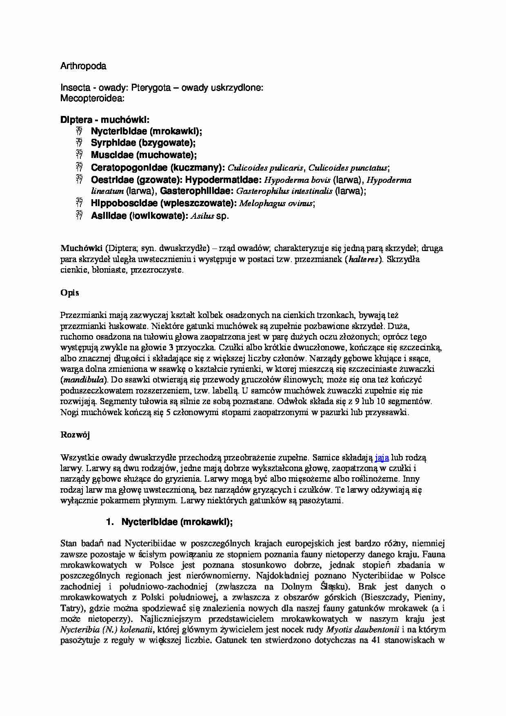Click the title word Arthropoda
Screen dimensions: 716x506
[83, 66]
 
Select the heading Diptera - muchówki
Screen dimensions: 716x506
[105, 120]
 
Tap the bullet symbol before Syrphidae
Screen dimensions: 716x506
[79, 143]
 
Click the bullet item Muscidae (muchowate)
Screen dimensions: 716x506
[144, 155]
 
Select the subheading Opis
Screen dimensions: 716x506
[70, 293]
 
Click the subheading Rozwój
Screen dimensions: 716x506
[75, 435]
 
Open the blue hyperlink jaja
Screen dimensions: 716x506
[382, 457]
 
